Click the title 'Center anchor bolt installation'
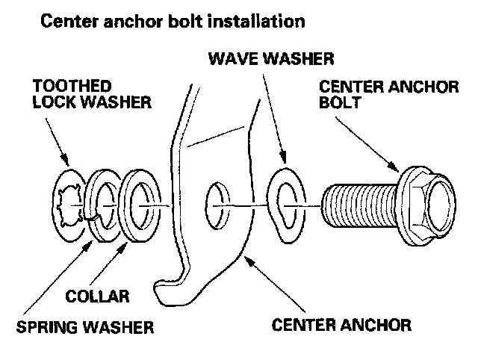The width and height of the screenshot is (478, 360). click(173, 21)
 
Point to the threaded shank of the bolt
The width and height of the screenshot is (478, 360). click(359, 202)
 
